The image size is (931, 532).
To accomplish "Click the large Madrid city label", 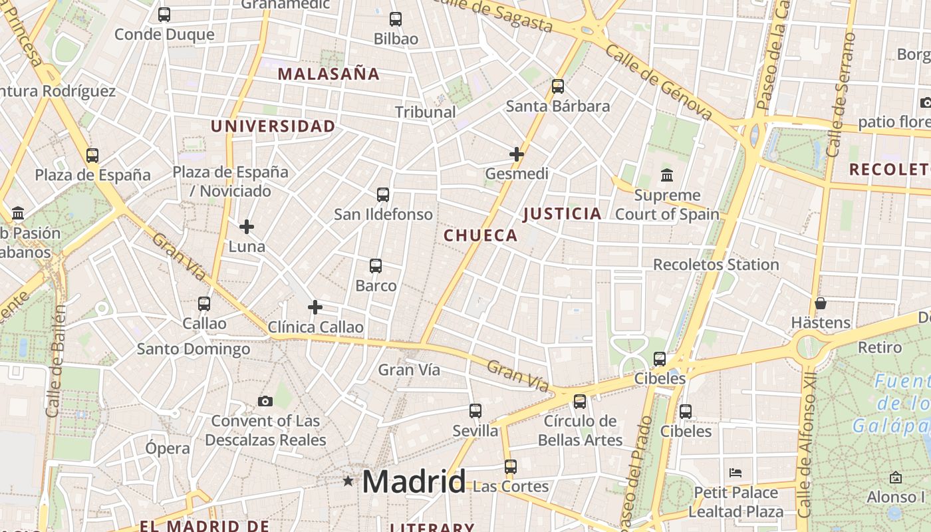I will point(414,481).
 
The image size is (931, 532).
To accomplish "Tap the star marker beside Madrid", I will point(348,481).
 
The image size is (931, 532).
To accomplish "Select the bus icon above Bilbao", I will point(396,19).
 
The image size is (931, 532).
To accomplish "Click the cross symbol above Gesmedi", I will point(517,154).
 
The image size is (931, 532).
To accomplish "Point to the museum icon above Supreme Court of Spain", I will point(667,176).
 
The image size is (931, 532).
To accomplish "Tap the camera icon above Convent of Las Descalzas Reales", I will point(265,401).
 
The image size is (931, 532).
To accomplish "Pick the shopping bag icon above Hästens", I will point(821,303).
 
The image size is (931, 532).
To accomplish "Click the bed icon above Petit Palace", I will point(735,473).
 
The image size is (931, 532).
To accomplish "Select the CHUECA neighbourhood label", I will point(480,235).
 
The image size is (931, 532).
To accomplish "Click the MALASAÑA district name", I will point(329,74).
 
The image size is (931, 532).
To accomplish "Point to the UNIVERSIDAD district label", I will point(273,126).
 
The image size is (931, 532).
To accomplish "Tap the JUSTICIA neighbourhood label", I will point(562,214).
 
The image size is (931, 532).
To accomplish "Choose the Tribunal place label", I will point(426,112).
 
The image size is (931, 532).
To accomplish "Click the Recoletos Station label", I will point(716,265).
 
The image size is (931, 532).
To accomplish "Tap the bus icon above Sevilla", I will point(475,411).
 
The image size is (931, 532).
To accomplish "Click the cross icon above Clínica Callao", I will point(315,307).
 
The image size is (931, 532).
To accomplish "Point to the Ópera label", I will point(168,448).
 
